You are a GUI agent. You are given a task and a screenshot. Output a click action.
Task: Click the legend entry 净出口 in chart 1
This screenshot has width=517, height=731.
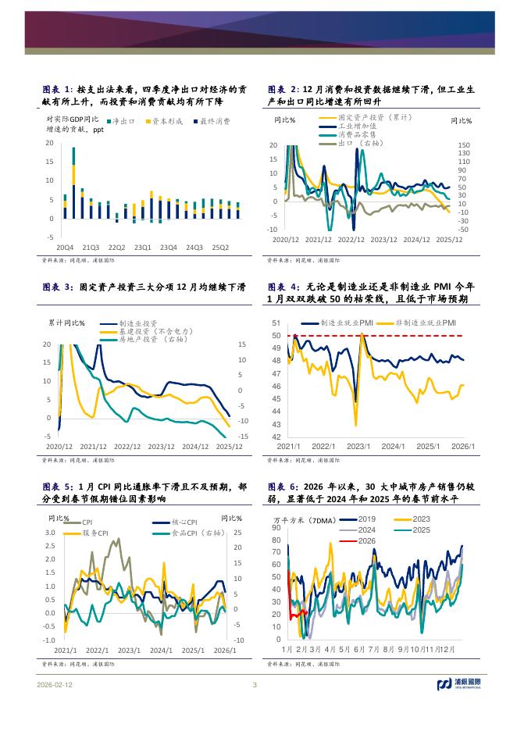point(124,121)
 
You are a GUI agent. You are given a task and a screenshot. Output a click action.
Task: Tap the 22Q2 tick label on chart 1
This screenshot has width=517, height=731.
point(116,247)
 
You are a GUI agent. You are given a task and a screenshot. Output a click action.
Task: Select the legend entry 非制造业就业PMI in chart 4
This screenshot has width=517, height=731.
point(426,323)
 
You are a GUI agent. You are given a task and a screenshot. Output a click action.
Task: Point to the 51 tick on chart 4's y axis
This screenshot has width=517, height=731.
point(276,323)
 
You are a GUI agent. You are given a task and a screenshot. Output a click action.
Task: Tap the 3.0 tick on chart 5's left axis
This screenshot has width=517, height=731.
point(50,533)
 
